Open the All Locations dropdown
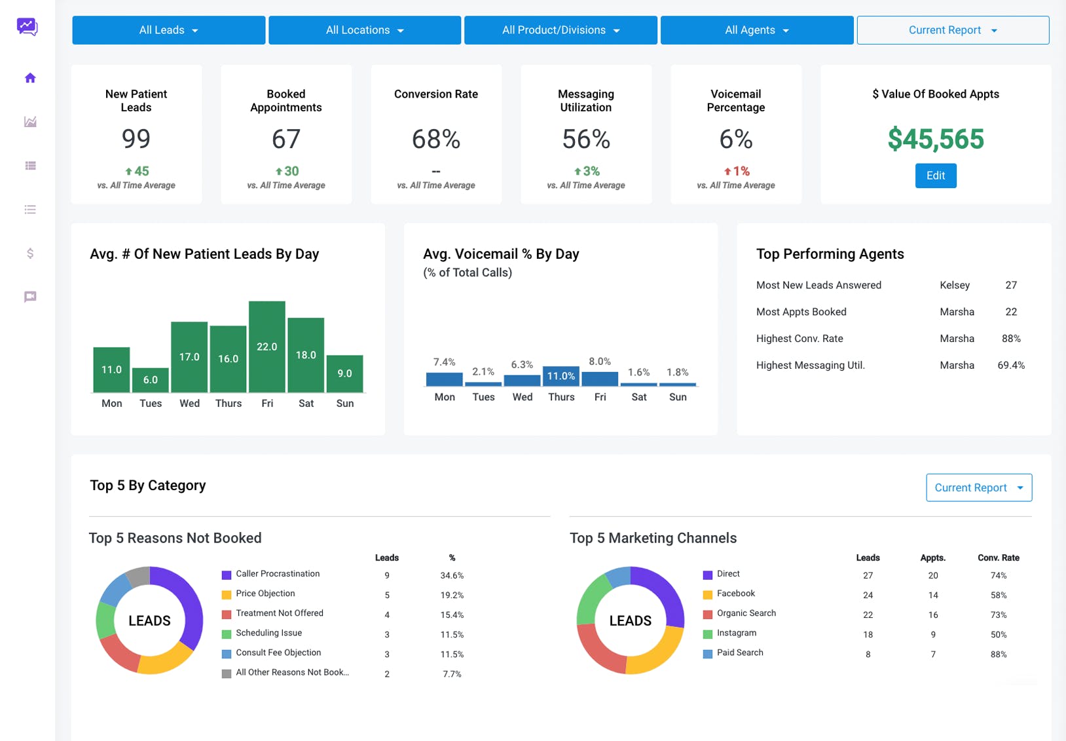click(x=365, y=30)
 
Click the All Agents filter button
click(x=757, y=30)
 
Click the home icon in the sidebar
click(x=31, y=77)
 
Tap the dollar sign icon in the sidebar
click(x=31, y=253)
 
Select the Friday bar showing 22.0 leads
click(x=267, y=347)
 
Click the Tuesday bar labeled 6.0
click(x=151, y=380)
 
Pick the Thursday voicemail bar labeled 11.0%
click(x=561, y=375)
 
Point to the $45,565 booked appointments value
click(x=936, y=139)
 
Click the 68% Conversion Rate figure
click(x=436, y=139)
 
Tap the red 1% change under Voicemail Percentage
click(x=737, y=171)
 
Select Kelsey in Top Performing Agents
click(x=955, y=285)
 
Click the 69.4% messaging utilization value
click(x=1011, y=366)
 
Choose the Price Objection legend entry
click(x=259, y=594)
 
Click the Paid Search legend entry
click(x=733, y=653)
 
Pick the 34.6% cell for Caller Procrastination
click(x=452, y=575)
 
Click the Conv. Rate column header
click(x=999, y=558)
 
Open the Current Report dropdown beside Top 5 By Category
click(x=979, y=487)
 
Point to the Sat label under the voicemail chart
click(x=638, y=396)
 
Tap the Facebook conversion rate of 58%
click(x=999, y=595)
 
